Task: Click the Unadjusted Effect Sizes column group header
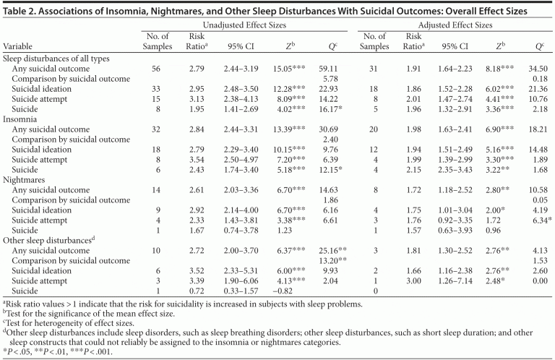245,25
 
